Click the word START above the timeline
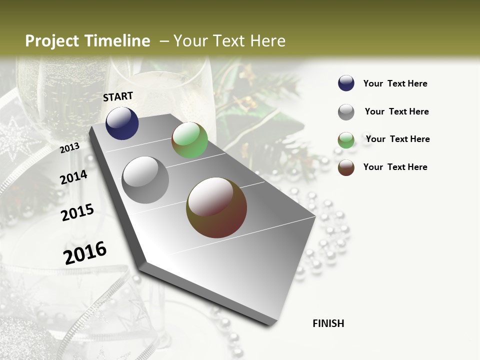[118, 96]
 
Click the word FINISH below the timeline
[328, 323]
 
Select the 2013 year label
[70, 147]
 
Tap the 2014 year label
[74, 177]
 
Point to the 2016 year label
[85, 252]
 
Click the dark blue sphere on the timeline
[122, 123]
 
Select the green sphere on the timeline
[189, 140]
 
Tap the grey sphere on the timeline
[145, 180]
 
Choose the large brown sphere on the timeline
[216, 207]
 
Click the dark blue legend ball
[346, 83]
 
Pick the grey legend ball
[346, 112]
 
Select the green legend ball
[346, 140]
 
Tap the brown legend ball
[346, 167]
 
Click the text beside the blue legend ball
[395, 83]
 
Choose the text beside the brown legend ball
[395, 167]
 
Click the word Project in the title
[52, 41]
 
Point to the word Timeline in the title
[118, 41]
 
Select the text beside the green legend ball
[397, 139]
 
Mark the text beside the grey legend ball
[396, 111]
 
